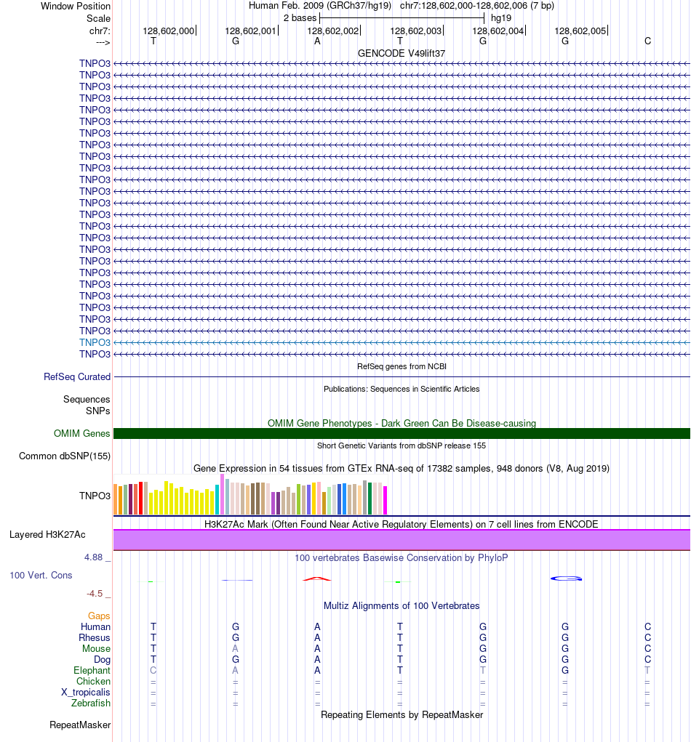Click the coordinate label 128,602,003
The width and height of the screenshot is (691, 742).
coord(416,31)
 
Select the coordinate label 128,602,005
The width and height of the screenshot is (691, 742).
coord(580,31)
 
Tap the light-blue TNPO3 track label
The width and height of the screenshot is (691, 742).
coord(95,342)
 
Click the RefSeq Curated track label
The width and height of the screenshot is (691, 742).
coord(77,376)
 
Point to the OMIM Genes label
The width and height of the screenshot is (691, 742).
coord(82,433)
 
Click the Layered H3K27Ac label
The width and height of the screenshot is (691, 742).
coord(47,534)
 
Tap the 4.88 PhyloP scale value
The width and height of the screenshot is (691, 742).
coord(97,557)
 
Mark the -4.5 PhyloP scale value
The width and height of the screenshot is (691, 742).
coord(98,593)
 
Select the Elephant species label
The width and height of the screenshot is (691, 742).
coord(92,670)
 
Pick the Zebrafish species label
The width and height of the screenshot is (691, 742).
coord(91,703)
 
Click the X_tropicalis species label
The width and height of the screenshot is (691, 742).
coord(86,692)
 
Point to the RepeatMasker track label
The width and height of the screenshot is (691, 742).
coord(80,725)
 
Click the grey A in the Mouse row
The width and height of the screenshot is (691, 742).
coord(235,648)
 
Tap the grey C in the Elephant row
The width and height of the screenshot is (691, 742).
coord(153,670)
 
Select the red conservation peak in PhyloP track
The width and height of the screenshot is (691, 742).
coord(317,578)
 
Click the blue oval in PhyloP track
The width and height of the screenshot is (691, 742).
coord(566,578)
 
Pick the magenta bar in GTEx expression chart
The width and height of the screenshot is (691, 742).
coord(385,499)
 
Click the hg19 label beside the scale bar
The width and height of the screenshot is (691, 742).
coord(500,17)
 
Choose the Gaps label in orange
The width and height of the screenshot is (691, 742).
coord(99,616)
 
